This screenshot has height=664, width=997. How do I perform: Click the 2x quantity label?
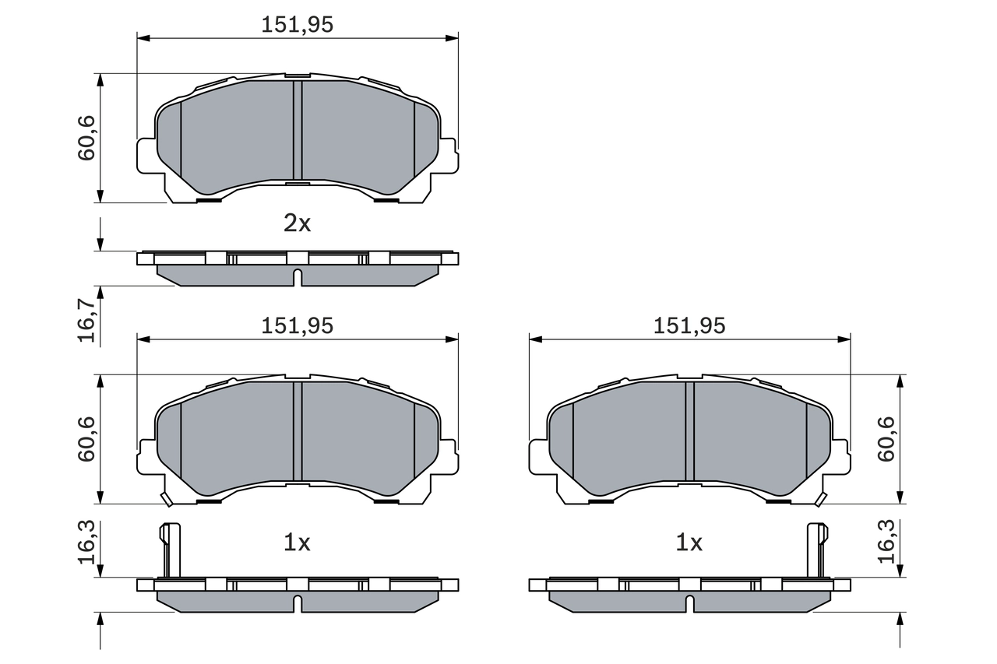coord(297,224)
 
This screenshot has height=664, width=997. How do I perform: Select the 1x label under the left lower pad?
coord(297,543)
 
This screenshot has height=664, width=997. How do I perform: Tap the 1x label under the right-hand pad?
coord(689,543)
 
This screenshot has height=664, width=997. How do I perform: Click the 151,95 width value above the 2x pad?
coord(297,25)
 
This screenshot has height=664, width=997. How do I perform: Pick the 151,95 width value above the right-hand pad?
coord(689,326)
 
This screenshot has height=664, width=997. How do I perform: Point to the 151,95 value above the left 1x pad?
coord(297,326)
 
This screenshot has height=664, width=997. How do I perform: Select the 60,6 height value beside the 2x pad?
coord(86,138)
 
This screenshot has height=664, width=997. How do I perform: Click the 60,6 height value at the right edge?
coord(886,439)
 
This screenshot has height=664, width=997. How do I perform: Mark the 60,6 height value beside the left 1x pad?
coord(86,439)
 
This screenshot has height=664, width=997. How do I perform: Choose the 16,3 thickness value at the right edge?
coord(886,543)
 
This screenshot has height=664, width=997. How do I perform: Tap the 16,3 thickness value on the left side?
coord(86,543)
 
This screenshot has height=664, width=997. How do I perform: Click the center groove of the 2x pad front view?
coord(297,130)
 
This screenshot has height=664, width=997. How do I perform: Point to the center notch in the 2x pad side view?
coord(297,276)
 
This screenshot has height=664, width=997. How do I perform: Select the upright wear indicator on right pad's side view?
coord(816,550)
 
